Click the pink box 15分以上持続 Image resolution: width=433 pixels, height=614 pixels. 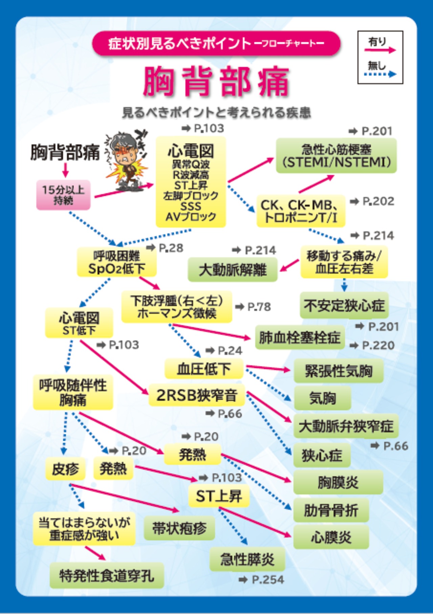pyautogui.click(x=63, y=195)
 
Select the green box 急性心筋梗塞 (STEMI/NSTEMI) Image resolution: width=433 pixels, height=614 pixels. pyautogui.click(x=336, y=156)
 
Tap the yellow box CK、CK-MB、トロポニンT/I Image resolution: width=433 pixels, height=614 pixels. pyautogui.click(x=301, y=211)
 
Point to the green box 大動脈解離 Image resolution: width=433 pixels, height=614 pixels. pyautogui.click(x=233, y=270)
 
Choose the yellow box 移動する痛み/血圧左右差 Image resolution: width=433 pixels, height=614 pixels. pyautogui.click(x=344, y=262)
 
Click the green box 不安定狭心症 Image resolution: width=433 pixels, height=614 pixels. pyautogui.click(x=344, y=305)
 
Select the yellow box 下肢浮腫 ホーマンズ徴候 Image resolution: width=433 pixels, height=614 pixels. pyautogui.click(x=177, y=307)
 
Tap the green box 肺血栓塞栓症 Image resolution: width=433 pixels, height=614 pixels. pyautogui.click(x=300, y=337)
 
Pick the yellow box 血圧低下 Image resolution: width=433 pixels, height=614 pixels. pyautogui.click(x=204, y=369)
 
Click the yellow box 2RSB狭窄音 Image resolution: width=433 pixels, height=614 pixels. pyautogui.click(x=197, y=395)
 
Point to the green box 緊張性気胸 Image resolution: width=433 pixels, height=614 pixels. pyautogui.click(x=339, y=371)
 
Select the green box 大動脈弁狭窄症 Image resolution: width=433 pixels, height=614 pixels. pyautogui.click(x=346, y=426)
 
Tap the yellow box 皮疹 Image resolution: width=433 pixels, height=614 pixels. pyautogui.click(x=65, y=469)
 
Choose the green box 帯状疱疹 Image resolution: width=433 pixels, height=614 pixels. pyautogui.click(x=179, y=528)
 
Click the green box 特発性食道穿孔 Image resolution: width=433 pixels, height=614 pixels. pyautogui.click(x=107, y=575)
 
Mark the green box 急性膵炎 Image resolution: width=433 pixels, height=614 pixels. pyautogui.click(x=247, y=559)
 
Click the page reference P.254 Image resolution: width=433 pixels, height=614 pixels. pyautogui.click(x=268, y=580)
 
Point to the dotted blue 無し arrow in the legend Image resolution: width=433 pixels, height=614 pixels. pyautogui.click(x=382, y=74)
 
